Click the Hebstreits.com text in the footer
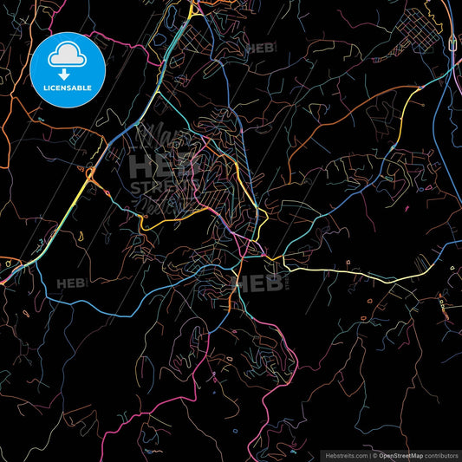[x=344, y=454]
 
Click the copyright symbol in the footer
[x=374, y=454]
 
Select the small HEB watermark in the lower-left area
[x=70, y=283]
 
